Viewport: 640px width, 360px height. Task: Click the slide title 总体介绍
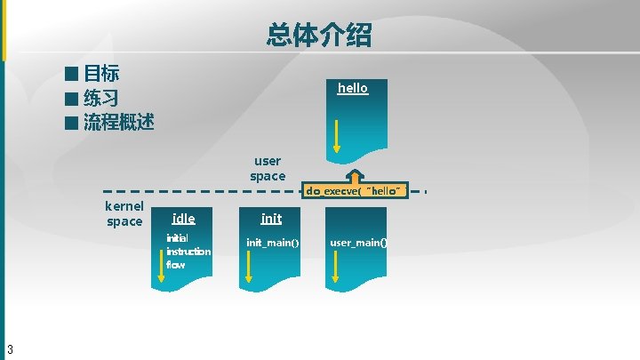pyautogui.click(x=318, y=35)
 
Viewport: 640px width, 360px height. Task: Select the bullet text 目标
pyautogui.click(x=101, y=74)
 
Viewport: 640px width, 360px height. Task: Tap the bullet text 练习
pyautogui.click(x=101, y=98)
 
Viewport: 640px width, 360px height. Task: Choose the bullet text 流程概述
pyautogui.click(x=119, y=122)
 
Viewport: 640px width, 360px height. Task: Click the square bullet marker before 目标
pyautogui.click(x=71, y=74)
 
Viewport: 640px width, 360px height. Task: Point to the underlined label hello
pyautogui.click(x=353, y=88)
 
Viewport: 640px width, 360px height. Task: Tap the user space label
pyautogui.click(x=268, y=168)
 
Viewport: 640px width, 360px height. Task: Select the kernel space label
pyautogui.click(x=124, y=213)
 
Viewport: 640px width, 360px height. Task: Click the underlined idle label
pyautogui.click(x=184, y=218)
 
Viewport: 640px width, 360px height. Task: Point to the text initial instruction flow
pyautogui.click(x=188, y=251)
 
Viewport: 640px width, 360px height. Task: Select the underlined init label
pyautogui.click(x=271, y=218)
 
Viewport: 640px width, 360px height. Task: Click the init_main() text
pyautogui.click(x=272, y=242)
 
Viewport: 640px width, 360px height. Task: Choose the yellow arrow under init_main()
pyautogui.click(x=250, y=266)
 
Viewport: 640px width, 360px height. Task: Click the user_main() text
pyautogui.click(x=358, y=242)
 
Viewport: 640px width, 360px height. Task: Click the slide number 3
pyautogui.click(x=9, y=348)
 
